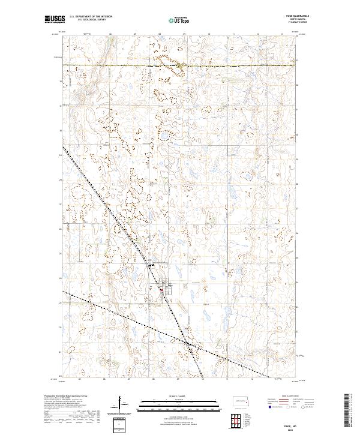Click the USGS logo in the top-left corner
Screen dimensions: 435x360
tap(53, 19)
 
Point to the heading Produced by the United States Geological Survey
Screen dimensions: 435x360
tap(65, 396)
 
